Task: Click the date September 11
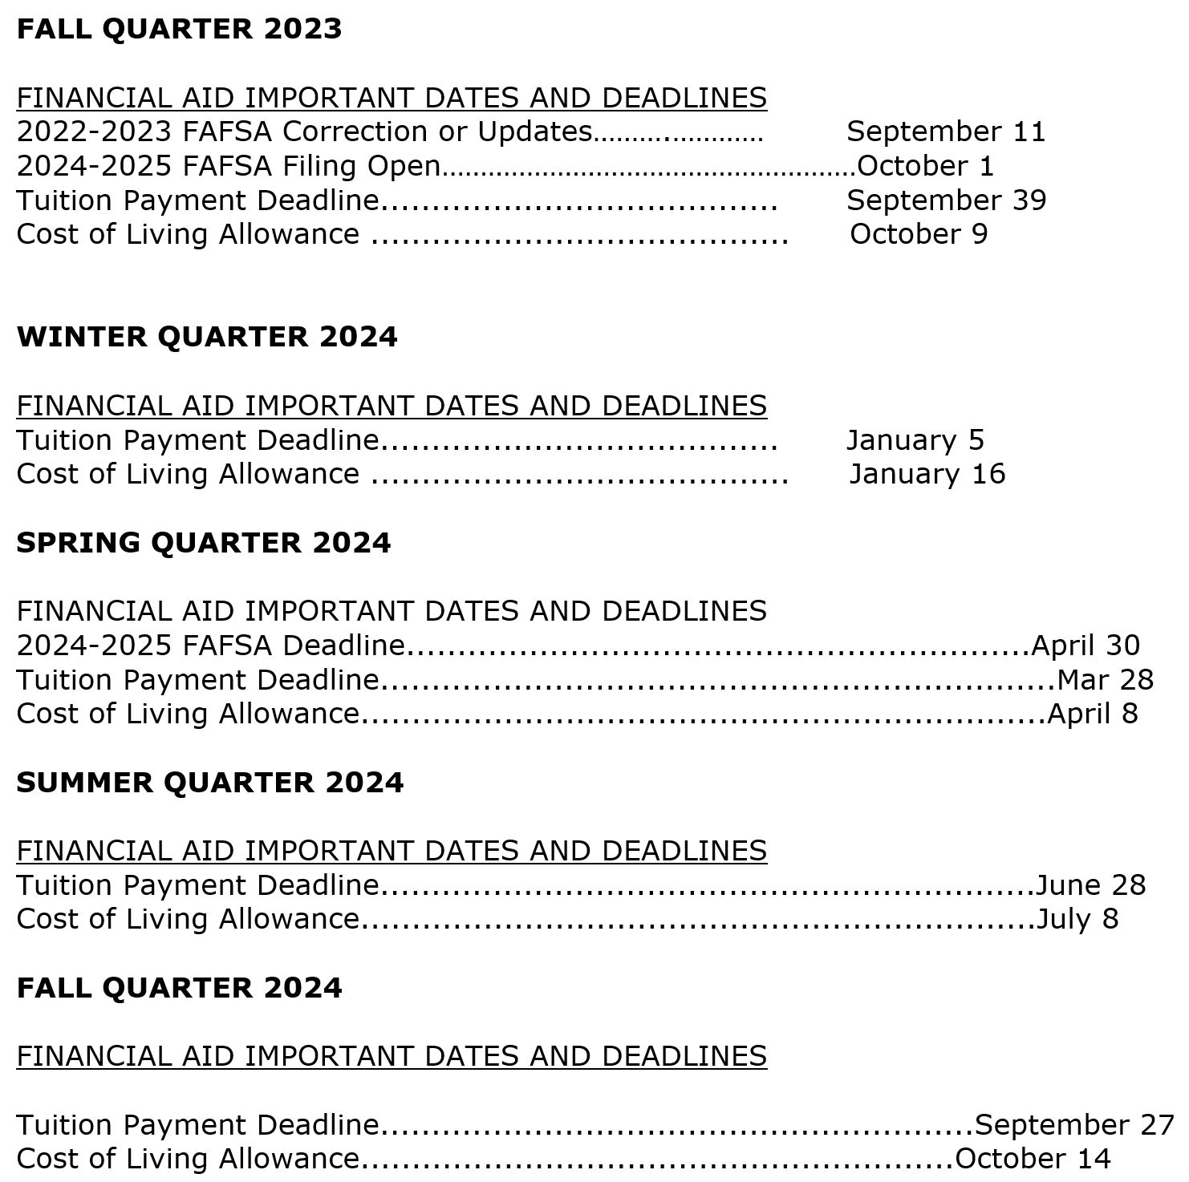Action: pyautogui.click(x=946, y=132)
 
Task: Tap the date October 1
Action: pyautogui.click(x=925, y=166)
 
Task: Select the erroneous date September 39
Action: pyautogui.click(x=946, y=200)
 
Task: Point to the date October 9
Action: pyautogui.click(x=919, y=234)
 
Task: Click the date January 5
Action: pyautogui.click(x=915, y=440)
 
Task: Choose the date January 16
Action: pyautogui.click(x=927, y=474)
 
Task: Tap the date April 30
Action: pyautogui.click(x=1085, y=646)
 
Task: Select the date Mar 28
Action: pyautogui.click(x=1105, y=680)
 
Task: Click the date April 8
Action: pyautogui.click(x=1092, y=714)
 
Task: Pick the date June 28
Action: pyautogui.click(x=1090, y=885)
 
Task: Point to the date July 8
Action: pyautogui.click(x=1077, y=919)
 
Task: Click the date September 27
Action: pyautogui.click(x=1074, y=1125)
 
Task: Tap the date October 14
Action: pyautogui.click(x=1033, y=1159)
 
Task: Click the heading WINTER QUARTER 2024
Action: pyautogui.click(x=207, y=337)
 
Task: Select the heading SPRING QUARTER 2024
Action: pyautogui.click(x=204, y=543)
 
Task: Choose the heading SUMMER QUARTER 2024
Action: pyautogui.click(x=210, y=783)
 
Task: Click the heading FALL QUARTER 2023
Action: pyautogui.click(x=179, y=29)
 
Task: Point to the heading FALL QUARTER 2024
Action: pyautogui.click(x=179, y=988)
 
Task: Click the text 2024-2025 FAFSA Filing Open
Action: pyautogui.click(x=229, y=166)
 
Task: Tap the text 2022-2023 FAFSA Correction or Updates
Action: pyautogui.click(x=304, y=132)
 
